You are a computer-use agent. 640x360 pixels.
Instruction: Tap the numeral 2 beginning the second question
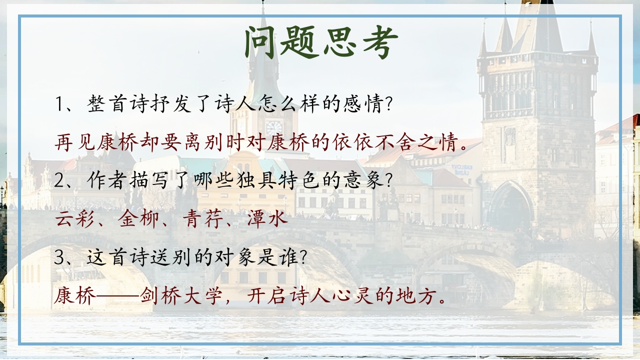pos(60,180)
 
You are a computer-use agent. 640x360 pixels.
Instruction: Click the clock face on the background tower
pos(274,127)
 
